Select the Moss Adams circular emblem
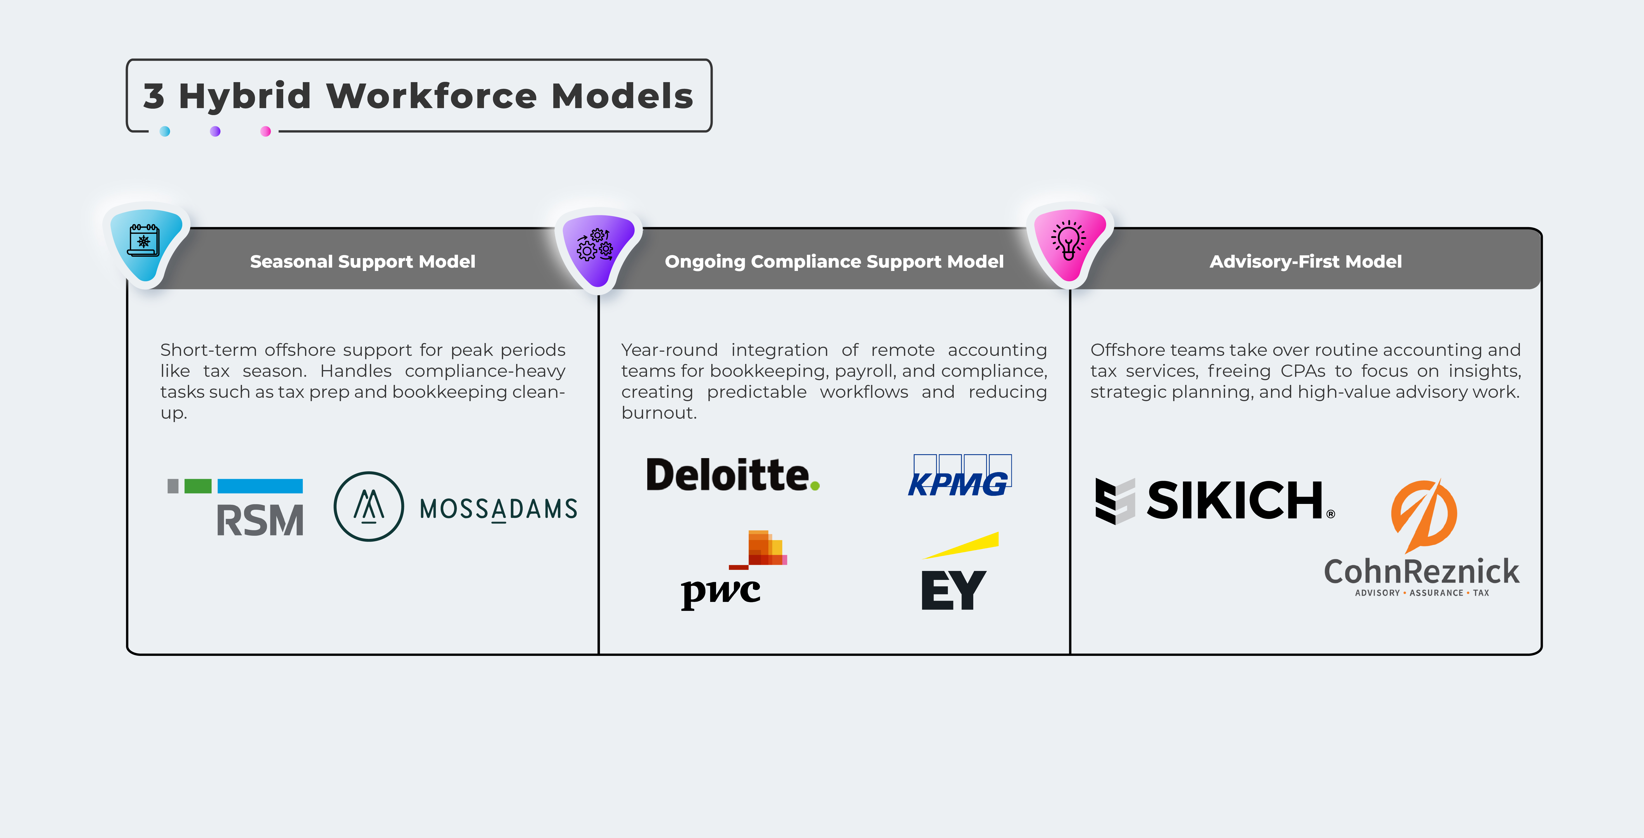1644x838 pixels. pos(369,506)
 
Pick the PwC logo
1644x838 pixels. pos(734,570)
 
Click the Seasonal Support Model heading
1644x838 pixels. pos(363,261)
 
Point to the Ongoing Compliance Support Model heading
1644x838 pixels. pos(834,261)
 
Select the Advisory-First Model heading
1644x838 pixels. pos(1306,261)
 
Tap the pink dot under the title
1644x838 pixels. pos(266,131)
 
